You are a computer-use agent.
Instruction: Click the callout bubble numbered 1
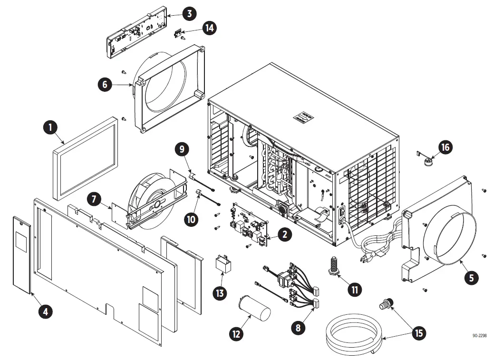[49, 128]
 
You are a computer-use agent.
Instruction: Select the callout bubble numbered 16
[445, 147]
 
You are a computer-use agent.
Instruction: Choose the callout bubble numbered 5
[471, 277]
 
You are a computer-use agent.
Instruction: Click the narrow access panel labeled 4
[22, 254]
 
